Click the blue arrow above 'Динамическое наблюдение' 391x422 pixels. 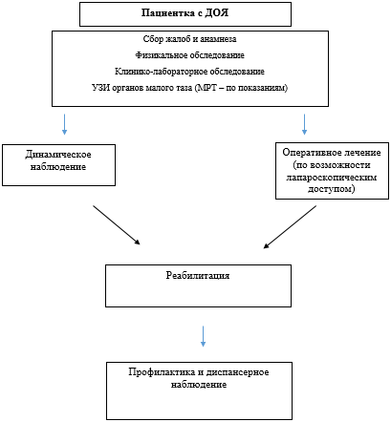tap(63, 124)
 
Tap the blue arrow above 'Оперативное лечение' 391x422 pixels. tap(305, 124)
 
